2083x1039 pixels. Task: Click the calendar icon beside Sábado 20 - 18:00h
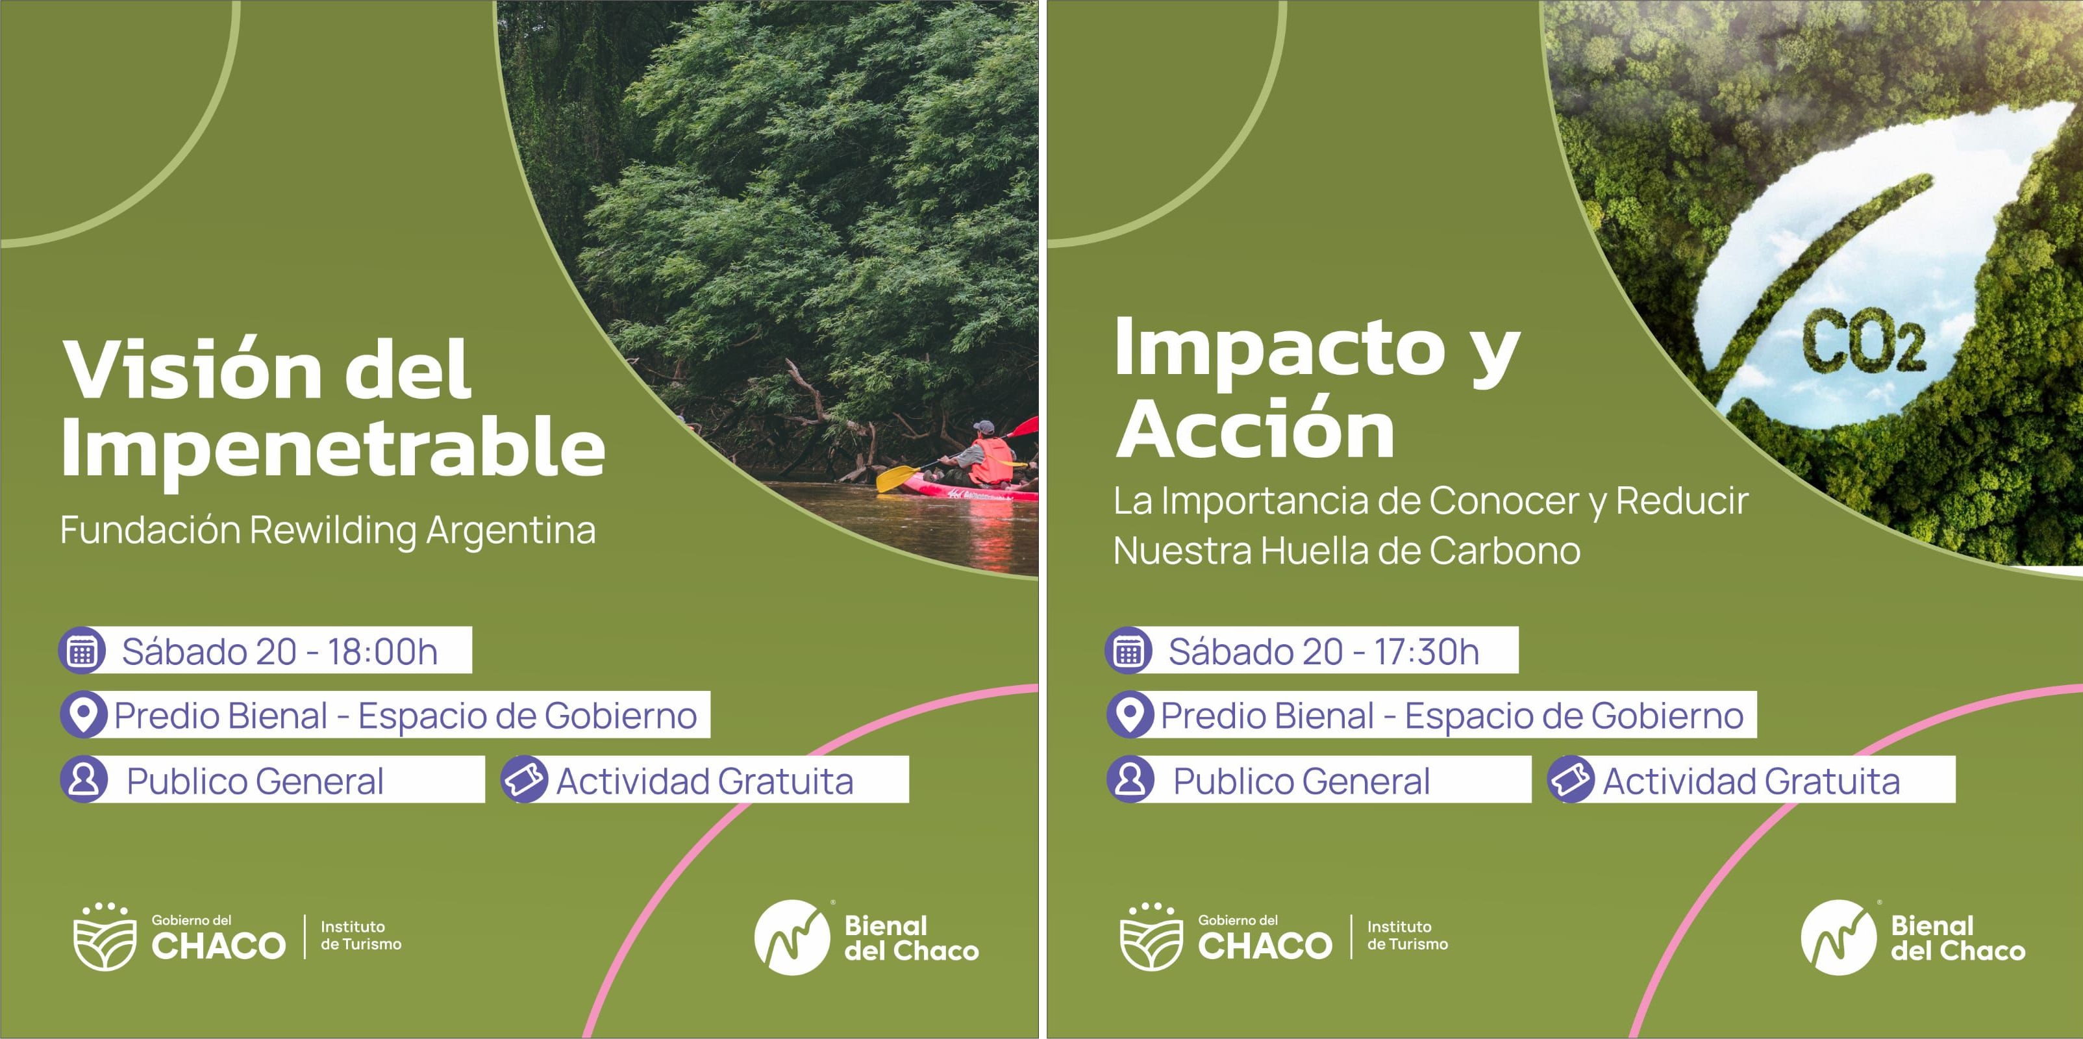82,650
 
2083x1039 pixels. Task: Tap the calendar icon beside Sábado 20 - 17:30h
1128,650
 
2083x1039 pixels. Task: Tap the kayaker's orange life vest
991,461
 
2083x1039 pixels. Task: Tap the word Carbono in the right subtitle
1505,551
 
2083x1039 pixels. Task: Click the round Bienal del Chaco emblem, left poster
792,937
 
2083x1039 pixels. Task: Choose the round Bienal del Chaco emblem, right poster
1839,937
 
